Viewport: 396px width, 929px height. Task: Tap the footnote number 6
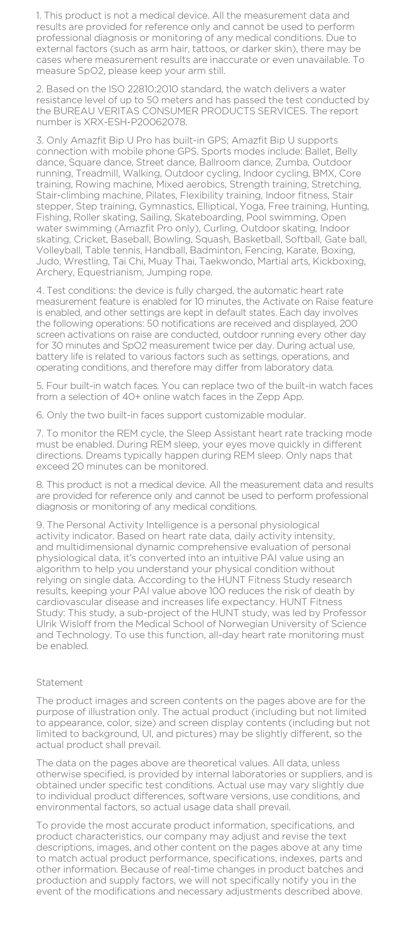(x=40, y=415)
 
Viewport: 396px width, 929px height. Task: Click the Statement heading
(x=59, y=682)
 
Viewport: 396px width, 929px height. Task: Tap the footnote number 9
(x=40, y=525)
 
